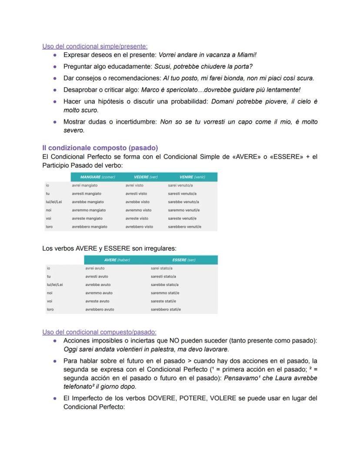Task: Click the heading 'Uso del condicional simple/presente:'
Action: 95,47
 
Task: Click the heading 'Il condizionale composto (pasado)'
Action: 100,148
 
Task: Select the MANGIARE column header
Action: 97,177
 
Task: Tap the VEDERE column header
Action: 145,177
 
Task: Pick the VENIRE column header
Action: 192,177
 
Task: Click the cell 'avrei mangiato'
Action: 85,185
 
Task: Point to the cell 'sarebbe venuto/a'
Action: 183,202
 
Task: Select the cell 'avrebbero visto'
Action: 139,227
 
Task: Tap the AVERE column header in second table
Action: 117,260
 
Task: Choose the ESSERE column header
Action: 183,260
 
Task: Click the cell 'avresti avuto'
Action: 97,277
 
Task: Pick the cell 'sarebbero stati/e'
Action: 166,310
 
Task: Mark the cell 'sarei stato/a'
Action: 162,268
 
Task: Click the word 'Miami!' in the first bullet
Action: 247,55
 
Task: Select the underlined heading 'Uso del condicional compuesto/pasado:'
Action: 100,332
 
